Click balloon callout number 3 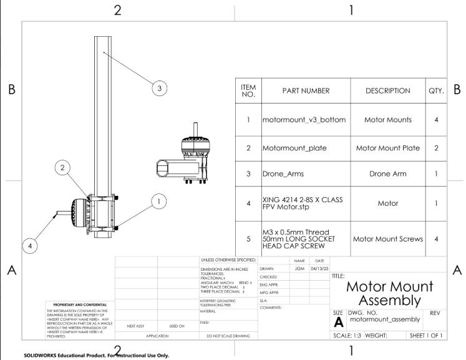tap(160, 89)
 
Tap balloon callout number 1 tap(159, 201)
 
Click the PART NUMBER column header tap(306, 91)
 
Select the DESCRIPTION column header tap(388, 91)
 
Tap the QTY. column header tap(436, 91)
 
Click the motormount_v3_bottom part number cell tap(304, 120)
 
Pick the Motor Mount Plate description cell tap(388, 148)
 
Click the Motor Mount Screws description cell tap(388, 239)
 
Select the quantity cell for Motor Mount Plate tap(436, 148)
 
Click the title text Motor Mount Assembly tap(389, 293)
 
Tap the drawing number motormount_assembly tap(385, 319)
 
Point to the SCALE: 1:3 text tap(349, 336)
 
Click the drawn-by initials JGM tap(299, 269)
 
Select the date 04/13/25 tap(319, 269)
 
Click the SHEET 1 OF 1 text tap(426, 336)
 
